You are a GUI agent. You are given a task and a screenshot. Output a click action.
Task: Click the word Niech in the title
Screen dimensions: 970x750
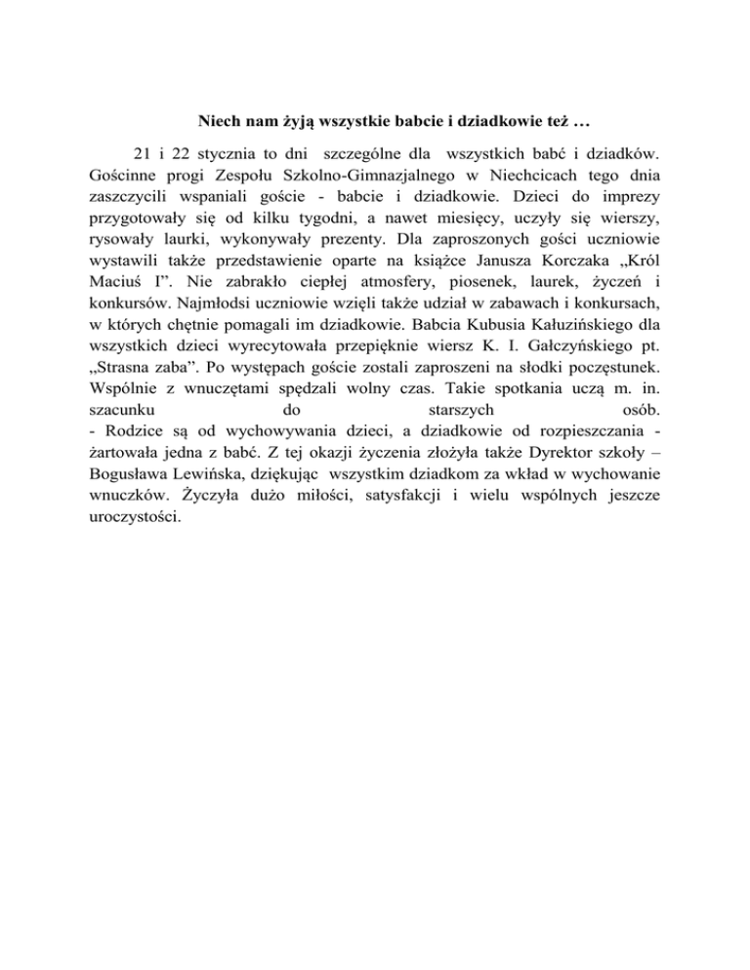(220, 124)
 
